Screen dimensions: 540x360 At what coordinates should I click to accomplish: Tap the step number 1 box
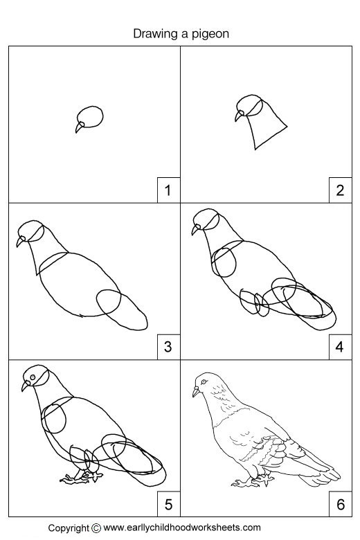[167, 190]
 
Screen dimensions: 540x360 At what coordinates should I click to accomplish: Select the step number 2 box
[339, 190]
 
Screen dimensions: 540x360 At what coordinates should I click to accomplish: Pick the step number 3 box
[167, 347]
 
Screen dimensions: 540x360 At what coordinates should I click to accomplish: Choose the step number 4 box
[339, 347]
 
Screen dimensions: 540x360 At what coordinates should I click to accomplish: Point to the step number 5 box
[167, 504]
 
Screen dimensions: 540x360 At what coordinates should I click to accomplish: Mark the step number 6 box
[339, 504]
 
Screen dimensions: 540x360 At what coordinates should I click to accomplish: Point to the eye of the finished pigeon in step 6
[202, 381]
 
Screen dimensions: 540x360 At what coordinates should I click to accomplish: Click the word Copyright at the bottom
[69, 528]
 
